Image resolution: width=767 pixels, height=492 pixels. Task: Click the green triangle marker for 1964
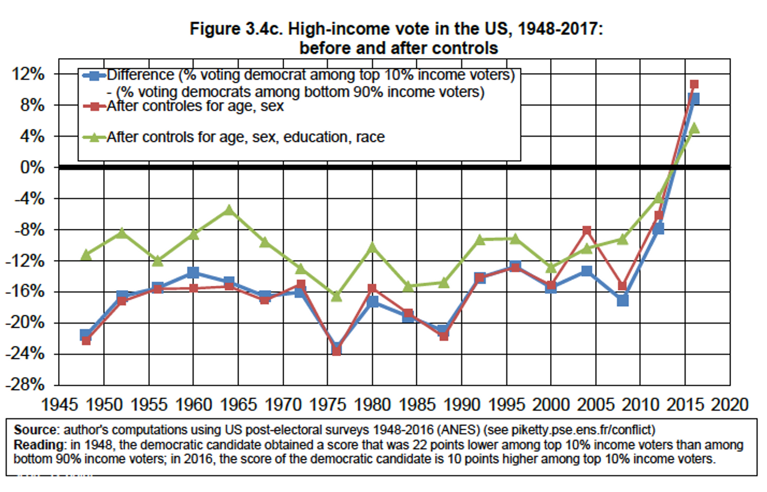click(229, 210)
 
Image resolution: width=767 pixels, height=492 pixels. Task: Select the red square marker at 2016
click(694, 84)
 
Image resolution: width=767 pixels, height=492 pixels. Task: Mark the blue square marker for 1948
click(86, 334)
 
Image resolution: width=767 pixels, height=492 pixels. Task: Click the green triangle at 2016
click(694, 128)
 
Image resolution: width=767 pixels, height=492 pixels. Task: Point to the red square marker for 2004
click(587, 231)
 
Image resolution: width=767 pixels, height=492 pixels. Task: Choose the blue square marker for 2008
click(623, 300)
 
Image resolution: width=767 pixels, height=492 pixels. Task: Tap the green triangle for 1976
click(336, 296)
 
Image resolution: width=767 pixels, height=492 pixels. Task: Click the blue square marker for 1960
click(193, 273)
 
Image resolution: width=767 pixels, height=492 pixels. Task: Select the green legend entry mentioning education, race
click(245, 137)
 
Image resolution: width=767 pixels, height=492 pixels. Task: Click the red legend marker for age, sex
click(93, 106)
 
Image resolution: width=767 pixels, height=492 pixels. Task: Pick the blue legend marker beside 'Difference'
click(93, 76)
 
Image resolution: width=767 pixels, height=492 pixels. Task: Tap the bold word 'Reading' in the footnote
click(34, 446)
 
